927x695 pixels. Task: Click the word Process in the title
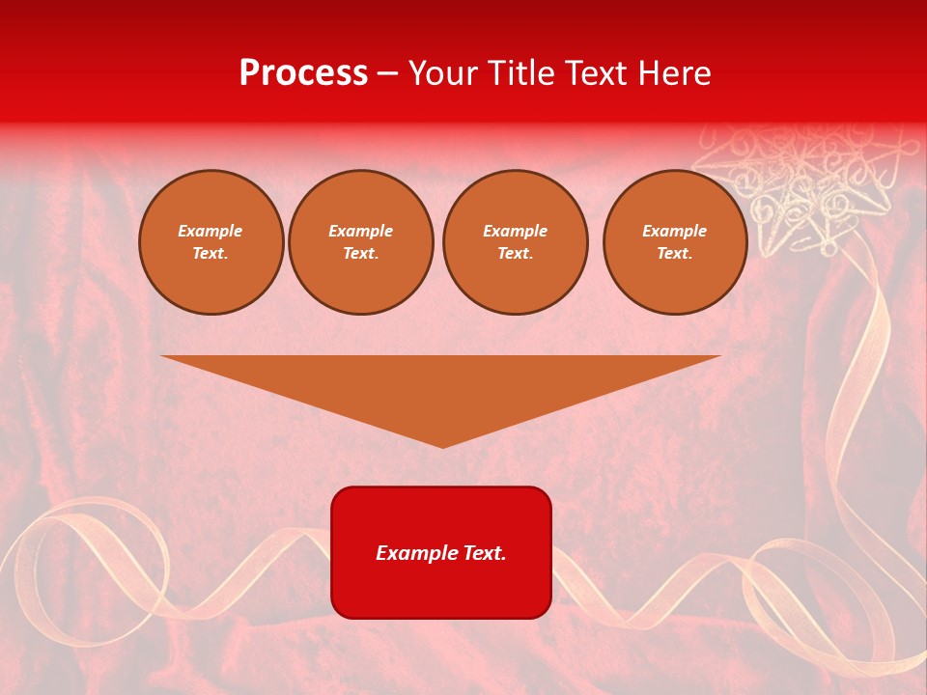(x=303, y=73)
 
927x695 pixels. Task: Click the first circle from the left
(x=211, y=242)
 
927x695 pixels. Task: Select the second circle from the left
(x=361, y=242)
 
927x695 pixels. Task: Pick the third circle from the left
(x=516, y=242)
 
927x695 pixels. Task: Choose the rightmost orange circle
(x=675, y=242)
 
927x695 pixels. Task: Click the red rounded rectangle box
(x=441, y=552)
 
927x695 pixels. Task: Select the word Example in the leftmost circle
(x=211, y=231)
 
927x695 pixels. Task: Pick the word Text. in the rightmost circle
(x=675, y=254)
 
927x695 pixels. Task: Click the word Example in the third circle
(x=516, y=231)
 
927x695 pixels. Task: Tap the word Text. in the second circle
(x=361, y=254)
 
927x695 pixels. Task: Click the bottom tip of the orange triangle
(x=442, y=445)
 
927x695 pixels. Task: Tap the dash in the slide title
(x=388, y=73)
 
